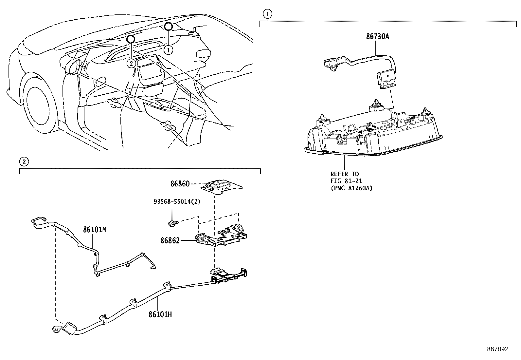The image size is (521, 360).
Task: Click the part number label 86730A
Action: click(x=377, y=37)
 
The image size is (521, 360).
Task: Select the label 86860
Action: click(x=180, y=184)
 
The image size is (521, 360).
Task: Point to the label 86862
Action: click(x=170, y=241)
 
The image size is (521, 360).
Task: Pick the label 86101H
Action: click(x=160, y=314)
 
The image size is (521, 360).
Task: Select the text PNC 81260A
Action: click(x=351, y=188)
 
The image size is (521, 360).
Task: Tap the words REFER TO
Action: click(x=344, y=174)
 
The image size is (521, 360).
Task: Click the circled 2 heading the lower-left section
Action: click(x=24, y=161)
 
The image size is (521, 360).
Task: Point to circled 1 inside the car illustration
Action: click(x=168, y=50)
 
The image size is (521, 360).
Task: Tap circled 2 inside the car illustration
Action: click(x=131, y=64)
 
